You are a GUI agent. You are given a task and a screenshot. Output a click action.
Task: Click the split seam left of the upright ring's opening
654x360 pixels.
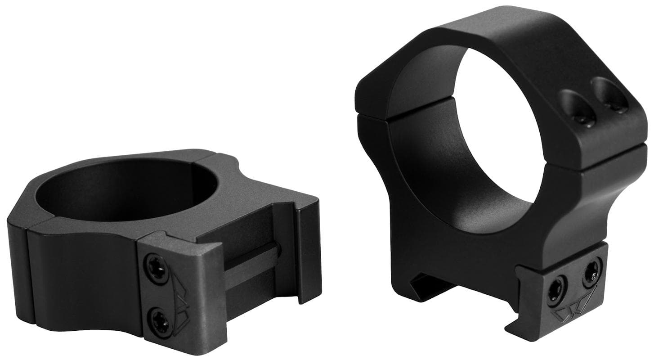click(x=373, y=114)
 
